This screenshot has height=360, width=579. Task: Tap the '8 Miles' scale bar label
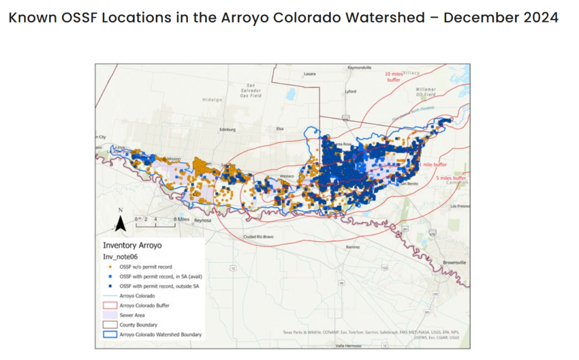pos(181,218)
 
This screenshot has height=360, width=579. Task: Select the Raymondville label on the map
pos(360,67)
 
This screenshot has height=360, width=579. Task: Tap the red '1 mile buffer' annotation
pos(433,164)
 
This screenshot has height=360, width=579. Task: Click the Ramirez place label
pos(353,247)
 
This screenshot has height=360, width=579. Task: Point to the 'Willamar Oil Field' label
pos(426,92)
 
